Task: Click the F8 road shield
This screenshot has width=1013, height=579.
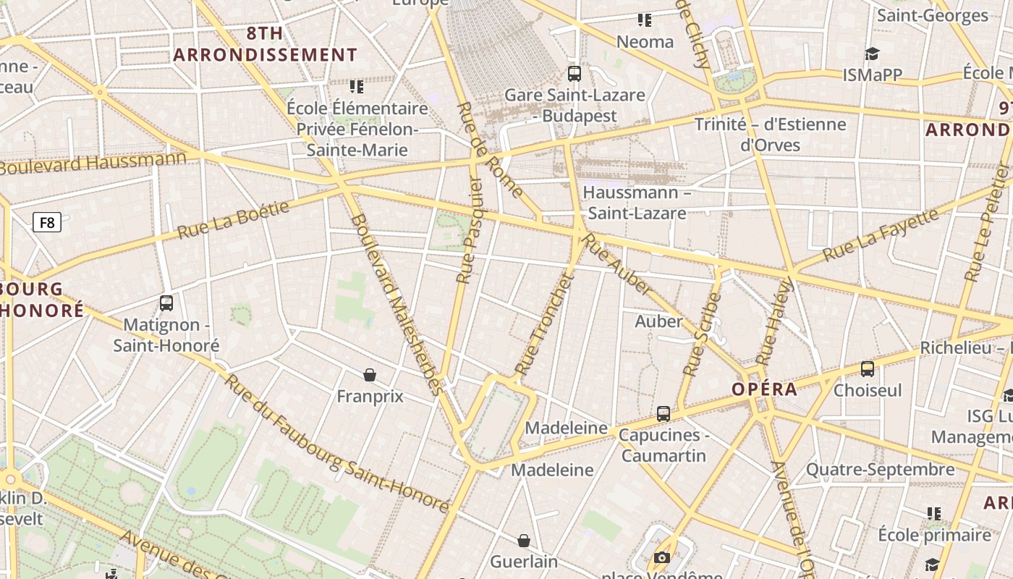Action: pos(47,222)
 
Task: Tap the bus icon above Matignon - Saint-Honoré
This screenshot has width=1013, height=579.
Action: pos(166,303)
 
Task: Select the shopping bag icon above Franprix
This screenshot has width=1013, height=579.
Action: pos(370,374)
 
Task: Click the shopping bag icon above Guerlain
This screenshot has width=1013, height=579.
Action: pos(524,541)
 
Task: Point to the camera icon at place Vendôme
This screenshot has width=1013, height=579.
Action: pos(661,557)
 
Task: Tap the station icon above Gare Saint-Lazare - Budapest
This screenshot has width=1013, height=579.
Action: pos(575,73)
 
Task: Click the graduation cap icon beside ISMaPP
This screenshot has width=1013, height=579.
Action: pos(872,54)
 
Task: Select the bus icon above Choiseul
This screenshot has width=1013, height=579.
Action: pos(868,369)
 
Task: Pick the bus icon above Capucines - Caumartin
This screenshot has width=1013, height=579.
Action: pos(664,414)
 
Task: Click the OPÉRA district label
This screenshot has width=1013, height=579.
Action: pos(764,389)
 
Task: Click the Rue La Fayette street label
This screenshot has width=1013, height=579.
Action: pos(881,234)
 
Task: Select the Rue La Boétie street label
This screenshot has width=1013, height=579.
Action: pos(233,219)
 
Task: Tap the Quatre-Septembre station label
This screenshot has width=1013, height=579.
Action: pos(880,470)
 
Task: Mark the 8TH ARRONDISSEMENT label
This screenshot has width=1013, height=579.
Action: pos(266,44)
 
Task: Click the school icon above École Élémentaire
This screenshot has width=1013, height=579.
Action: pos(357,87)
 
